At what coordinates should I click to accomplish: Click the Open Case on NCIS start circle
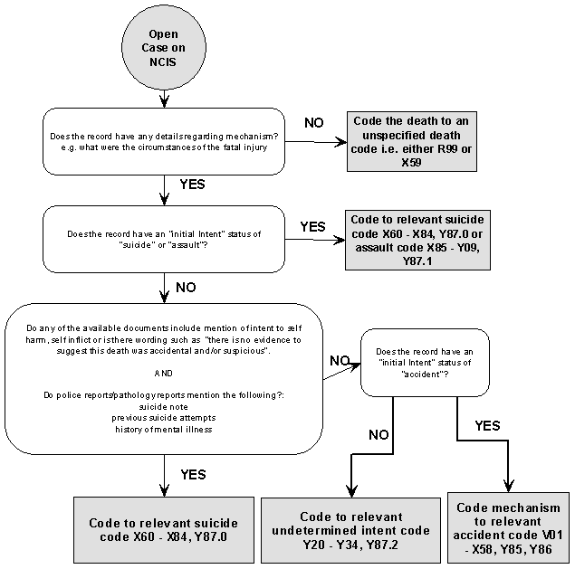[163, 47]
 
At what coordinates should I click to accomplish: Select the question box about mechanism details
[164, 142]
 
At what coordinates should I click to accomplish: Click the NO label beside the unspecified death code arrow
[313, 122]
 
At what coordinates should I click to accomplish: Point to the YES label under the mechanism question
[193, 185]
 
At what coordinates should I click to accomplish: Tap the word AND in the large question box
[163, 372]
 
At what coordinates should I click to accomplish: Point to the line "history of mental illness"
[163, 429]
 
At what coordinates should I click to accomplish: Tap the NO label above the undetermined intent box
[379, 434]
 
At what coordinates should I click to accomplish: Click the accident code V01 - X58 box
[510, 528]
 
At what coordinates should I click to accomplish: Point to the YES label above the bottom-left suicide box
[193, 474]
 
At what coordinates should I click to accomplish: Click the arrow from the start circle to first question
[164, 95]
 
